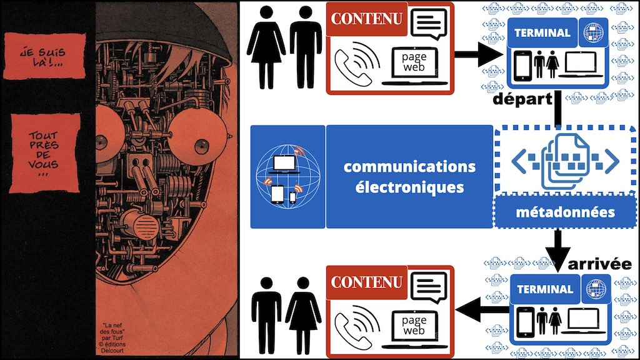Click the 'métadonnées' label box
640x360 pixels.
point(564,212)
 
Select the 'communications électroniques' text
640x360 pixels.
point(409,177)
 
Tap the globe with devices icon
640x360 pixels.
point(287,177)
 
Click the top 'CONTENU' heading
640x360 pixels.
point(367,19)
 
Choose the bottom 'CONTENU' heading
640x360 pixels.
point(367,282)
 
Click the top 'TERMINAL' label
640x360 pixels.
point(542,33)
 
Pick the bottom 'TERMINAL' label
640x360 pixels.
point(544,289)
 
